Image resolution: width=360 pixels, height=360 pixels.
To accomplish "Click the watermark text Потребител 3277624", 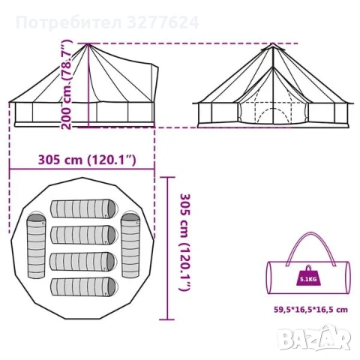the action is (x=107, y=22).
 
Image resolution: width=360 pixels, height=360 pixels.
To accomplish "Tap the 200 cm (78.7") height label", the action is (x=67, y=84).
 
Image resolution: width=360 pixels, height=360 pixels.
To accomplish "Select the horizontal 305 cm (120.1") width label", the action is (x=87, y=160).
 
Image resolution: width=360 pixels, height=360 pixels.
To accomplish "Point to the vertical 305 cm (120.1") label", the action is (x=184, y=242).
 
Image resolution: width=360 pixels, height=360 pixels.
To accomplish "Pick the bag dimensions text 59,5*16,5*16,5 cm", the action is (x=311, y=310).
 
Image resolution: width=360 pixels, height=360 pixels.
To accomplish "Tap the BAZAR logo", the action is (x=315, y=337).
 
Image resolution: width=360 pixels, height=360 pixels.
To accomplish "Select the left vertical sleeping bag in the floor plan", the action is (x=37, y=244).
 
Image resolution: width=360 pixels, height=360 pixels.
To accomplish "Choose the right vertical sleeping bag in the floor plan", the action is (x=130, y=244).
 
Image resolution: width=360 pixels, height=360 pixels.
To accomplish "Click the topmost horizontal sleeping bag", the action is (x=83, y=208).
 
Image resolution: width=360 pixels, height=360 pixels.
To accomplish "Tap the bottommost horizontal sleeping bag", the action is (x=83, y=287).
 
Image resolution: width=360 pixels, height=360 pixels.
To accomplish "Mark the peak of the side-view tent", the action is (x=88, y=44).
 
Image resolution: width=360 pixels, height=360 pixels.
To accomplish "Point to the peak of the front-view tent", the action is (x=273, y=43).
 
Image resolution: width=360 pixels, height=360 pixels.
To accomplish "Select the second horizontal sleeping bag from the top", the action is (x=83, y=235).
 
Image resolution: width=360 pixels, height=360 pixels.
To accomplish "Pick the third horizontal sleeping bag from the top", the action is (x=83, y=261).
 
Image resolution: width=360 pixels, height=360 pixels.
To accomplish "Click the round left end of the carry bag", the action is (x=268, y=277).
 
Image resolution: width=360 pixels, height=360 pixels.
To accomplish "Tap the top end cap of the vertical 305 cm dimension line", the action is (x=167, y=177).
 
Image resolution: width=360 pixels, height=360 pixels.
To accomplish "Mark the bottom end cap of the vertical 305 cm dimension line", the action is (x=167, y=319).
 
